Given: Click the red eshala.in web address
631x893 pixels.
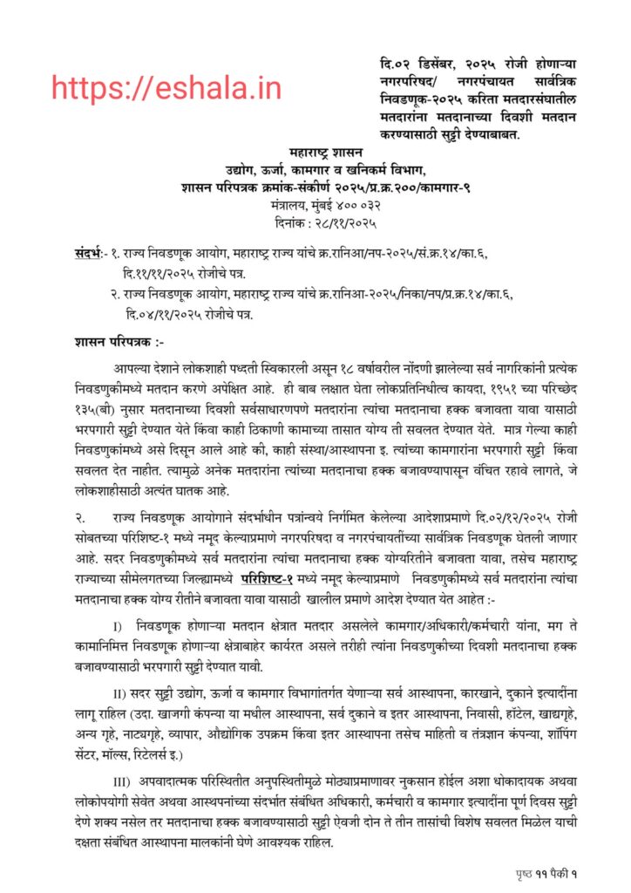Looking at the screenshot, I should point(166,87).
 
